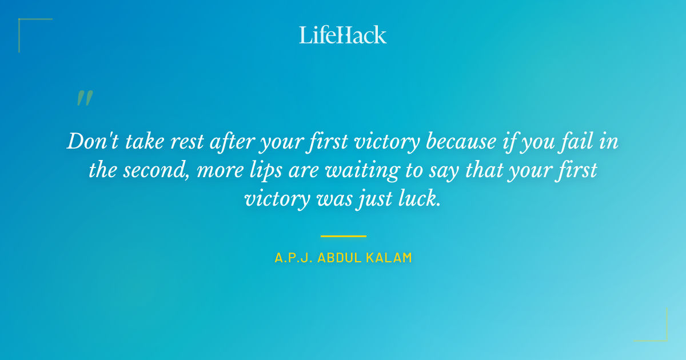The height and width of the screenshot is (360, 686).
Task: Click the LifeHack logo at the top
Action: point(343,35)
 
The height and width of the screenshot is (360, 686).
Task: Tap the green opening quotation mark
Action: point(85,98)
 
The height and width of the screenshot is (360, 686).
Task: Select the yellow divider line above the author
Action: point(343,235)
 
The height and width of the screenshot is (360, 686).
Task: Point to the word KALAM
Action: point(390,258)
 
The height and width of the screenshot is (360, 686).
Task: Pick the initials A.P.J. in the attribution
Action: point(293,258)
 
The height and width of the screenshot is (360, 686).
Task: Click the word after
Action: point(229,141)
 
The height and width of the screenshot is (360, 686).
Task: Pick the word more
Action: point(216,171)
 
